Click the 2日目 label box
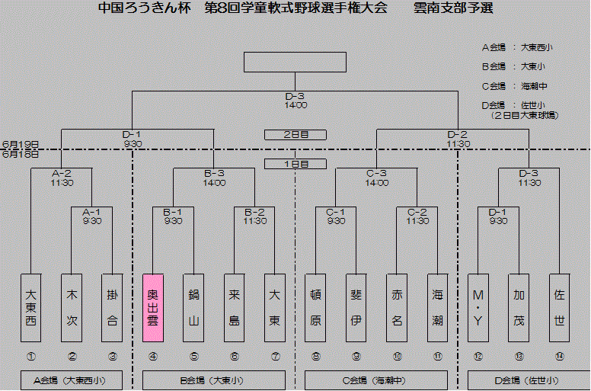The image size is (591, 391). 295,135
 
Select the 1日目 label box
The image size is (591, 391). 295,164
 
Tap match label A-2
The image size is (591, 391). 62,173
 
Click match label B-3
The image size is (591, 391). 214,173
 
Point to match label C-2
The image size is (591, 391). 417,212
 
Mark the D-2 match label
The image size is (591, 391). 458,134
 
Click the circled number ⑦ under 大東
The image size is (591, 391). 274,356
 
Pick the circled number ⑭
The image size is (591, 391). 559,356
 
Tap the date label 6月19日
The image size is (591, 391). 21,143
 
